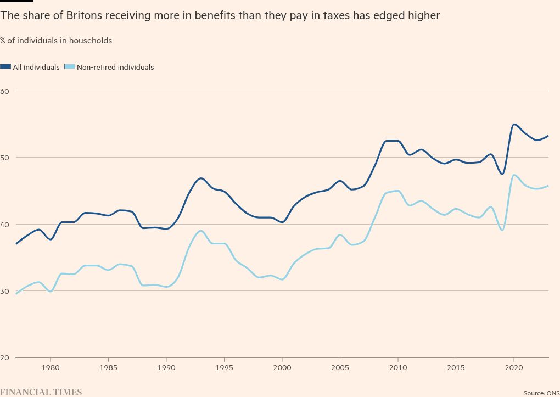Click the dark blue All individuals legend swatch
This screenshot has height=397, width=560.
click(5, 67)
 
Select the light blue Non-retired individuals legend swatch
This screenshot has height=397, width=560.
click(69, 67)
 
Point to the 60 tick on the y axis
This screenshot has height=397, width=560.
click(4, 91)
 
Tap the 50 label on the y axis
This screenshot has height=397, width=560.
click(4, 158)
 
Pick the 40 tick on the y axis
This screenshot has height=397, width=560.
click(4, 224)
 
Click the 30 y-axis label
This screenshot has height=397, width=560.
click(4, 291)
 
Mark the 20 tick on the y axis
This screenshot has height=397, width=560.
click(4, 357)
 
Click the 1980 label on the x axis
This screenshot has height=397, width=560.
click(51, 367)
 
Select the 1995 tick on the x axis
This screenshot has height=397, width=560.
click(224, 367)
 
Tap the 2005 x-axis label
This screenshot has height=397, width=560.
click(340, 367)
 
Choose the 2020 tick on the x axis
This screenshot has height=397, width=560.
click(513, 367)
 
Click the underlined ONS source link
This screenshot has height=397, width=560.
click(553, 393)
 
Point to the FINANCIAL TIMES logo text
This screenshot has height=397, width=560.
click(41, 392)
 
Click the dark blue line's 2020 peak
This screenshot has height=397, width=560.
click(514, 124)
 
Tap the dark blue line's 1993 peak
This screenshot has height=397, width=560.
click(201, 178)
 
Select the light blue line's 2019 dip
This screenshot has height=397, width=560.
click(502, 230)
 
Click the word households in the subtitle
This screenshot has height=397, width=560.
click(91, 41)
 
